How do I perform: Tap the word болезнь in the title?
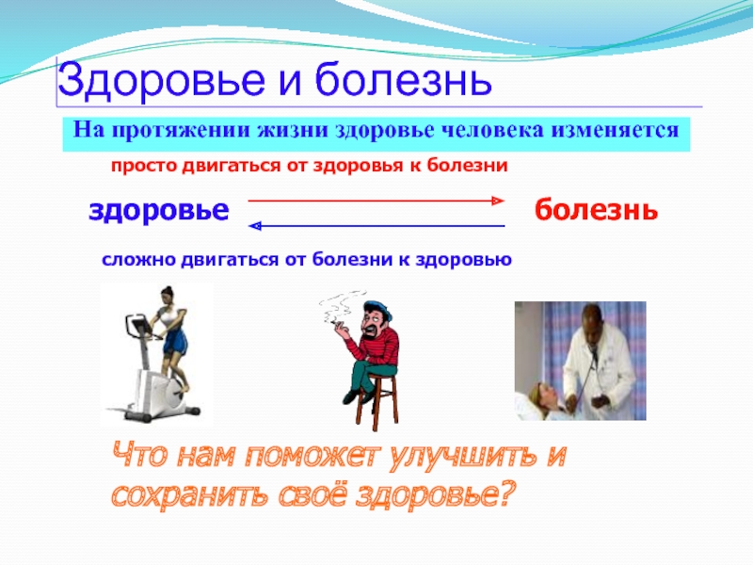(404, 79)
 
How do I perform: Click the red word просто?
(144, 167)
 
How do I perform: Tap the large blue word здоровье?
(159, 211)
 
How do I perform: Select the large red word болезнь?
(596, 209)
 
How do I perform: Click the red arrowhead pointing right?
(499, 201)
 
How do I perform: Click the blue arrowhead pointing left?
(254, 225)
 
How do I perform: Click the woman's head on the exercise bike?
(168, 293)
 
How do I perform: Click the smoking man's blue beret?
(377, 309)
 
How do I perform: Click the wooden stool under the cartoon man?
(377, 401)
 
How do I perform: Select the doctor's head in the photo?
(591, 319)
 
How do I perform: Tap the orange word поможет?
(312, 455)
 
